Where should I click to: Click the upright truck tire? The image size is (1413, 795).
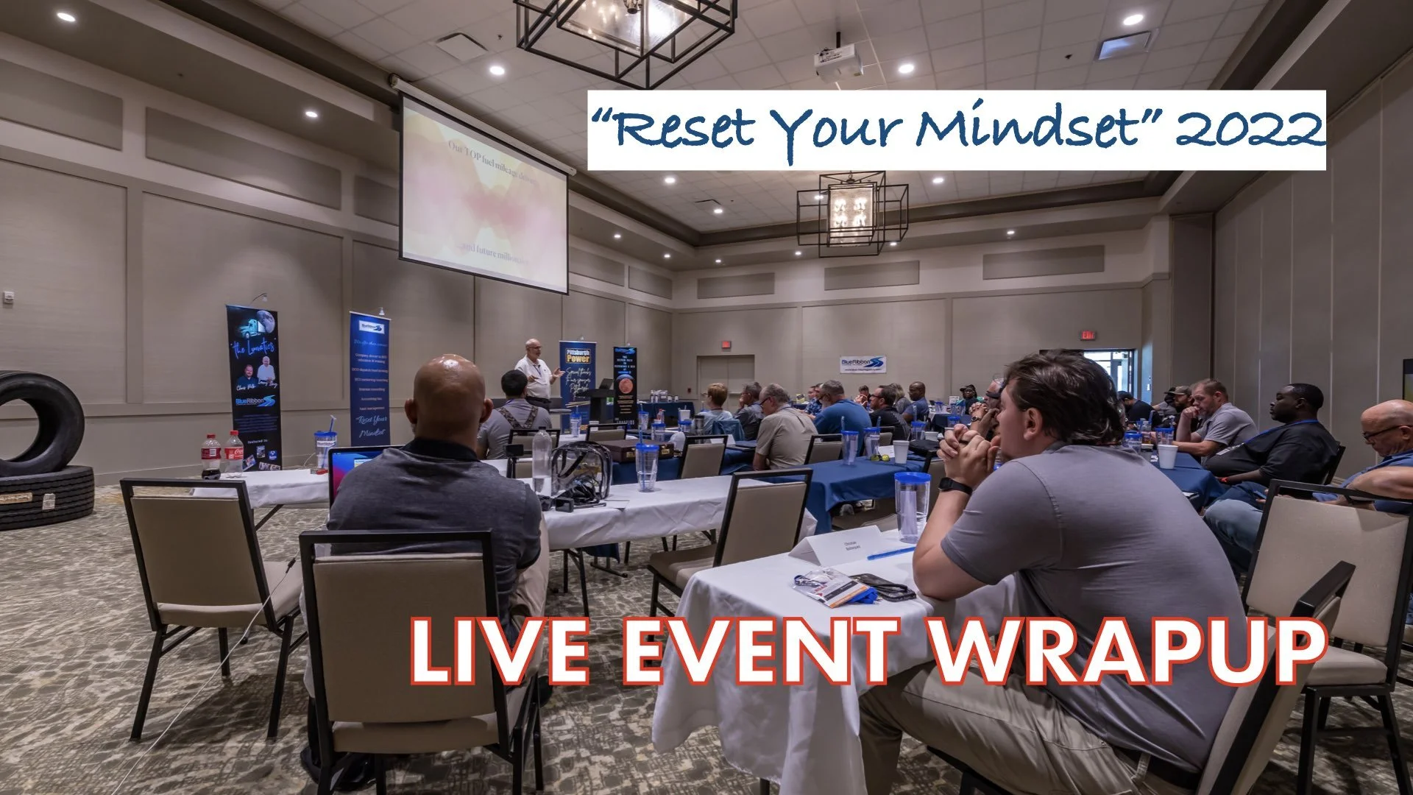pos(40,423)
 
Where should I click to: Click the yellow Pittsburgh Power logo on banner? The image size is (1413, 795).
pos(578,357)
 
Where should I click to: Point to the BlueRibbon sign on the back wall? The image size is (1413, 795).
pos(863,364)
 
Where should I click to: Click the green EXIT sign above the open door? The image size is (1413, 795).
pos(1088,335)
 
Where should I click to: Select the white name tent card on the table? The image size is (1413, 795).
pos(837,545)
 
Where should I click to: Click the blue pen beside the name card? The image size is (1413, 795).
pos(891,553)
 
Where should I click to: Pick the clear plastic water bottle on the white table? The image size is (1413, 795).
pos(542,460)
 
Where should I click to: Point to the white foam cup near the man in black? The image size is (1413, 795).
pos(1167,456)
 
